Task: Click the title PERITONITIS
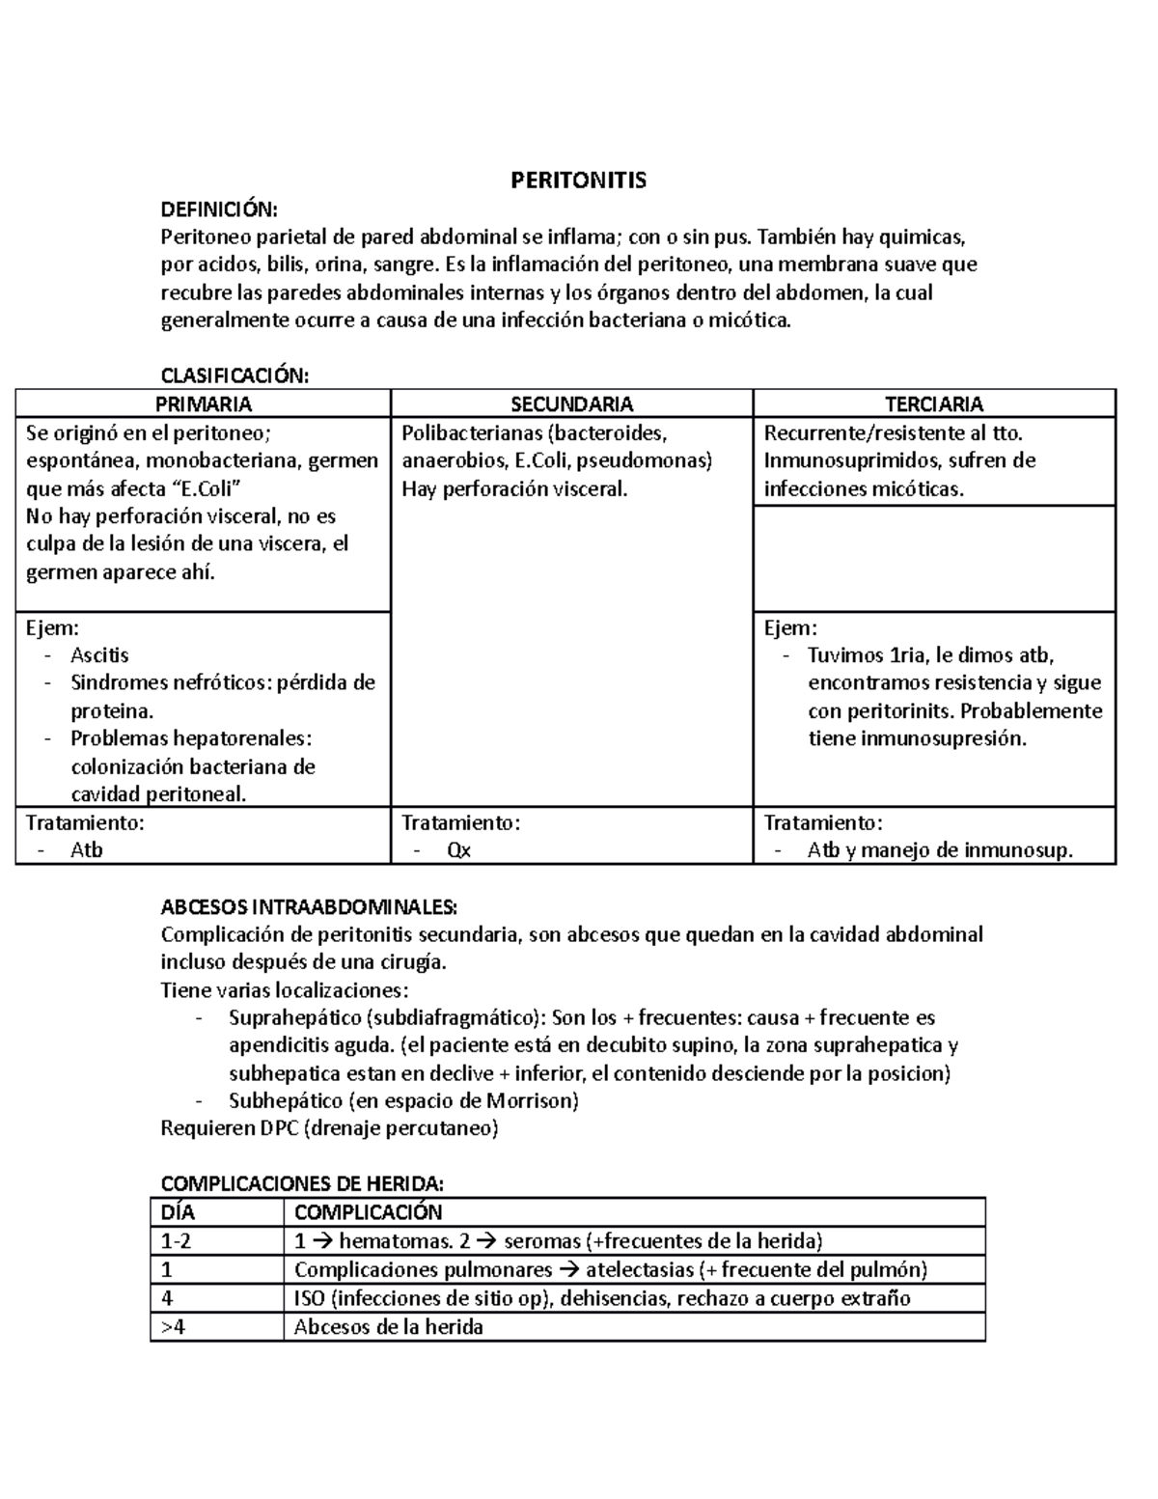point(578,180)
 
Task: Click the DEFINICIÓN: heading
point(218,209)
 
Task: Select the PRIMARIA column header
point(204,403)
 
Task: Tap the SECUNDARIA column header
point(571,403)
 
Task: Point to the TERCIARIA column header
point(933,403)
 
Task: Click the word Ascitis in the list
point(99,654)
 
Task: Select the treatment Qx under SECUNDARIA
point(458,850)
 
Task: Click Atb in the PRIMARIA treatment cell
point(86,850)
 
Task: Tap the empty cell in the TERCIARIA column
point(933,557)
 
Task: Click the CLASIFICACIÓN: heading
point(234,375)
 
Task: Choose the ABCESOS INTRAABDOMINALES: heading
point(309,907)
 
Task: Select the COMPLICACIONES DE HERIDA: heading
point(302,1184)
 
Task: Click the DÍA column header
point(179,1212)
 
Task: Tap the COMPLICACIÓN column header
point(368,1212)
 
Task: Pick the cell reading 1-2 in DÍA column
point(177,1241)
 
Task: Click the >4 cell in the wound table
point(173,1327)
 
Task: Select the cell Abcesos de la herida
point(388,1327)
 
